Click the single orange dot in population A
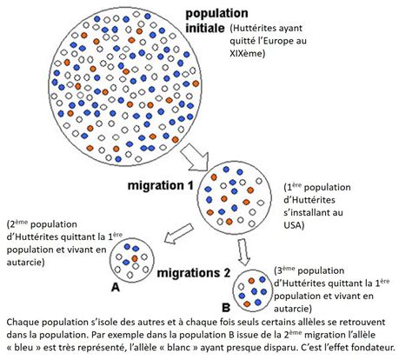click(x=135, y=258)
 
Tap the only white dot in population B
click(x=241, y=287)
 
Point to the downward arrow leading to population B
click(x=244, y=251)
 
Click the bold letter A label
click(x=116, y=287)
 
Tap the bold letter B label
click(x=226, y=308)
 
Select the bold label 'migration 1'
click(x=160, y=185)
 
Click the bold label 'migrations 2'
click(x=194, y=273)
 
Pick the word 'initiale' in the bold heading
click(x=205, y=28)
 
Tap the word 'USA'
click(x=294, y=225)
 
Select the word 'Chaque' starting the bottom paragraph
click(x=21, y=323)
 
